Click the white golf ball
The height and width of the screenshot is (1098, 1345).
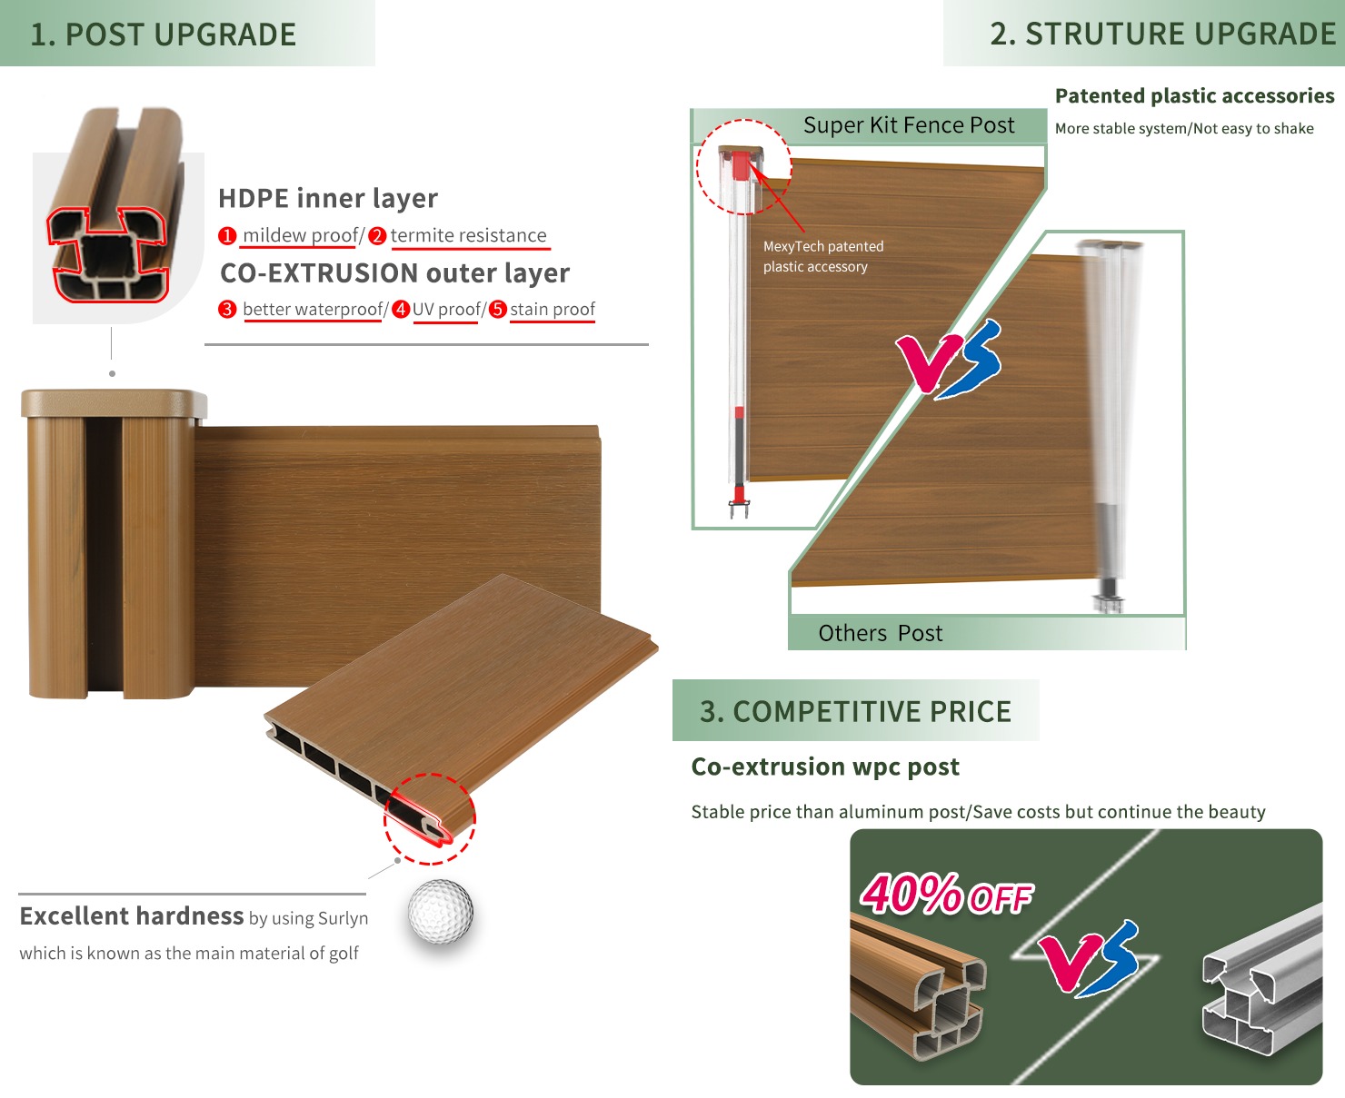[441, 911]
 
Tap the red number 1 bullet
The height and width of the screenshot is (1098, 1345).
[227, 236]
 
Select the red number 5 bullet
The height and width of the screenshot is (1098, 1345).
[497, 310]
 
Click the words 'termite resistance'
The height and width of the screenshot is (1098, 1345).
[468, 236]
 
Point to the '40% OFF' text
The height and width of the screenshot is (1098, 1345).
[946, 895]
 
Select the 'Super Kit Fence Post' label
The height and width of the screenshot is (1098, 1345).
[909, 125]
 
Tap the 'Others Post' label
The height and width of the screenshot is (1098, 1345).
[880, 633]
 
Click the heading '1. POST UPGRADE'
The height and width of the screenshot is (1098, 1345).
[164, 35]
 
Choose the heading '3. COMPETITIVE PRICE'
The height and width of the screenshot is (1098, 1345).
[855, 711]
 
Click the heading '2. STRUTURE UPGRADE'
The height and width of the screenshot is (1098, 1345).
[1162, 34]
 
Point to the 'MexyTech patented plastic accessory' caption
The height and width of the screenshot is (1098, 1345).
[822, 256]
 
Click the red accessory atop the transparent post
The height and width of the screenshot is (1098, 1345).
[742, 165]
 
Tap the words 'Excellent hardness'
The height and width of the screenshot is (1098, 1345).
[132, 916]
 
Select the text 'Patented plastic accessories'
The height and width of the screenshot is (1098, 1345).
[1194, 96]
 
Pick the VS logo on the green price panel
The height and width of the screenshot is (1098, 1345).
[1089, 959]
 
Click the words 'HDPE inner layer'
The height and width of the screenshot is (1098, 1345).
[328, 198]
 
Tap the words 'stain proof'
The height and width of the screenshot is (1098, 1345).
[553, 310]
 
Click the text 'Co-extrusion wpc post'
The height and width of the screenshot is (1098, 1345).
[825, 767]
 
